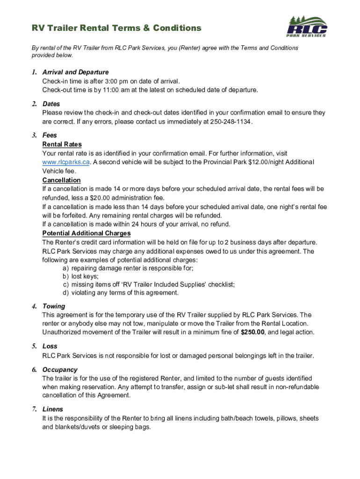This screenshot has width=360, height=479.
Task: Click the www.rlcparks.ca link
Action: pos(65,162)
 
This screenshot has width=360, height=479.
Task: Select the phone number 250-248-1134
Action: pos(230,122)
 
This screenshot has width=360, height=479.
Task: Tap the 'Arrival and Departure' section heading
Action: pos(75,72)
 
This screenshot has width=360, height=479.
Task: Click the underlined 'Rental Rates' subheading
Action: pos(62,144)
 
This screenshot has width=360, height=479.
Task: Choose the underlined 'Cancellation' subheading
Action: pos(61,180)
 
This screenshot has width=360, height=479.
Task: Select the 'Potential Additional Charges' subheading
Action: pos(86,233)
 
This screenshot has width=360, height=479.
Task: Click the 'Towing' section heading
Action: pos(54,306)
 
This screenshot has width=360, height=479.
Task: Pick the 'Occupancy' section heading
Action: pos(60,370)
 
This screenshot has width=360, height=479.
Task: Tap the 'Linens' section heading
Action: pos(53,409)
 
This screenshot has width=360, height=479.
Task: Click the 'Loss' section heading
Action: pos(50,346)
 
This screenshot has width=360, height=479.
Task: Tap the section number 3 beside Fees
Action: pos(34,135)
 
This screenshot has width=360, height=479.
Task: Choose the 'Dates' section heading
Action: pos(51,104)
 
